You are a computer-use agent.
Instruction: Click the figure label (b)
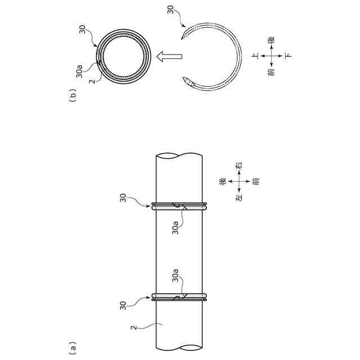coord(73,96)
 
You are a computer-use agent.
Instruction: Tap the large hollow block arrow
coord(169,56)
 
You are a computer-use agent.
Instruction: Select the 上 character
coord(255,56)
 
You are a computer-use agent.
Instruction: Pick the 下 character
coord(288,56)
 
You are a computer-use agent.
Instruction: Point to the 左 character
coord(238,197)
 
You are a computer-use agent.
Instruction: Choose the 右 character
coord(238,165)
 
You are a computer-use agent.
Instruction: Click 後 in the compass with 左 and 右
coord(223,181)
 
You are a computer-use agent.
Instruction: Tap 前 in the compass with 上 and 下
coord(272,73)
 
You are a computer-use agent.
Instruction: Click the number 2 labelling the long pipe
coord(134,327)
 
